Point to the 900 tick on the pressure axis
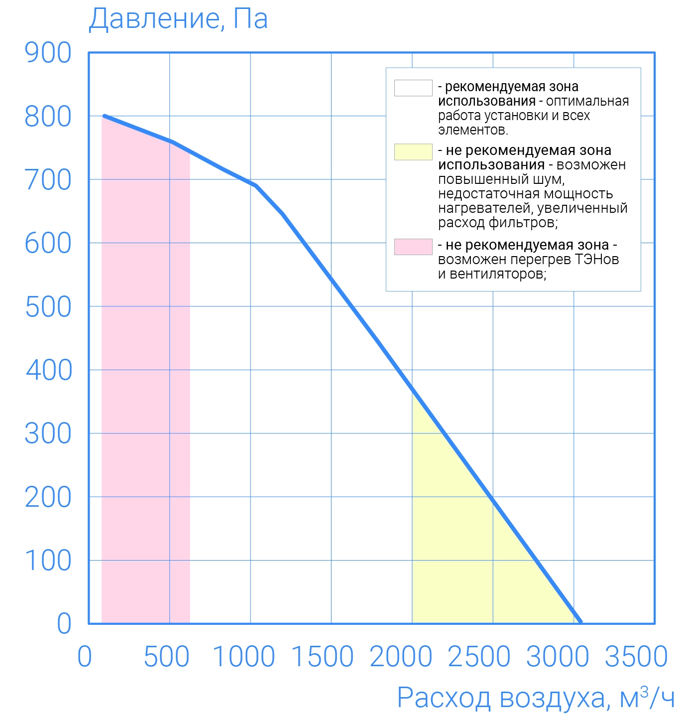pyautogui.click(x=48, y=53)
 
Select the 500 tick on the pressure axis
pyautogui.click(x=48, y=307)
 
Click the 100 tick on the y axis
pyautogui.click(x=48, y=561)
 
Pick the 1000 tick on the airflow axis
pyautogui.click(x=244, y=656)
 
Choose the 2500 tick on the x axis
pyautogui.click(x=479, y=656)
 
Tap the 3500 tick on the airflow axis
pyautogui.click(x=636, y=656)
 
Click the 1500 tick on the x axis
pyautogui.click(x=322, y=656)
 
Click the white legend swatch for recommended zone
pyautogui.click(x=413, y=88)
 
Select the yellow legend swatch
pyautogui.click(x=413, y=152)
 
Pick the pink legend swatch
pyautogui.click(x=413, y=247)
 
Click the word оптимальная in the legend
pyautogui.click(x=587, y=101)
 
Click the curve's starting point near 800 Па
pyautogui.click(x=105, y=116)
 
